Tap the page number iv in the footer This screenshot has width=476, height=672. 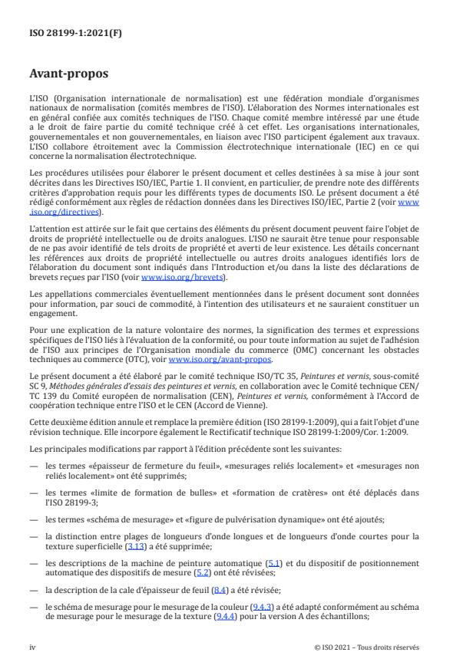pyautogui.click(x=32, y=647)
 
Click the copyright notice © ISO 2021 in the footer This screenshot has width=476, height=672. pyautogui.click(x=367, y=647)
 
